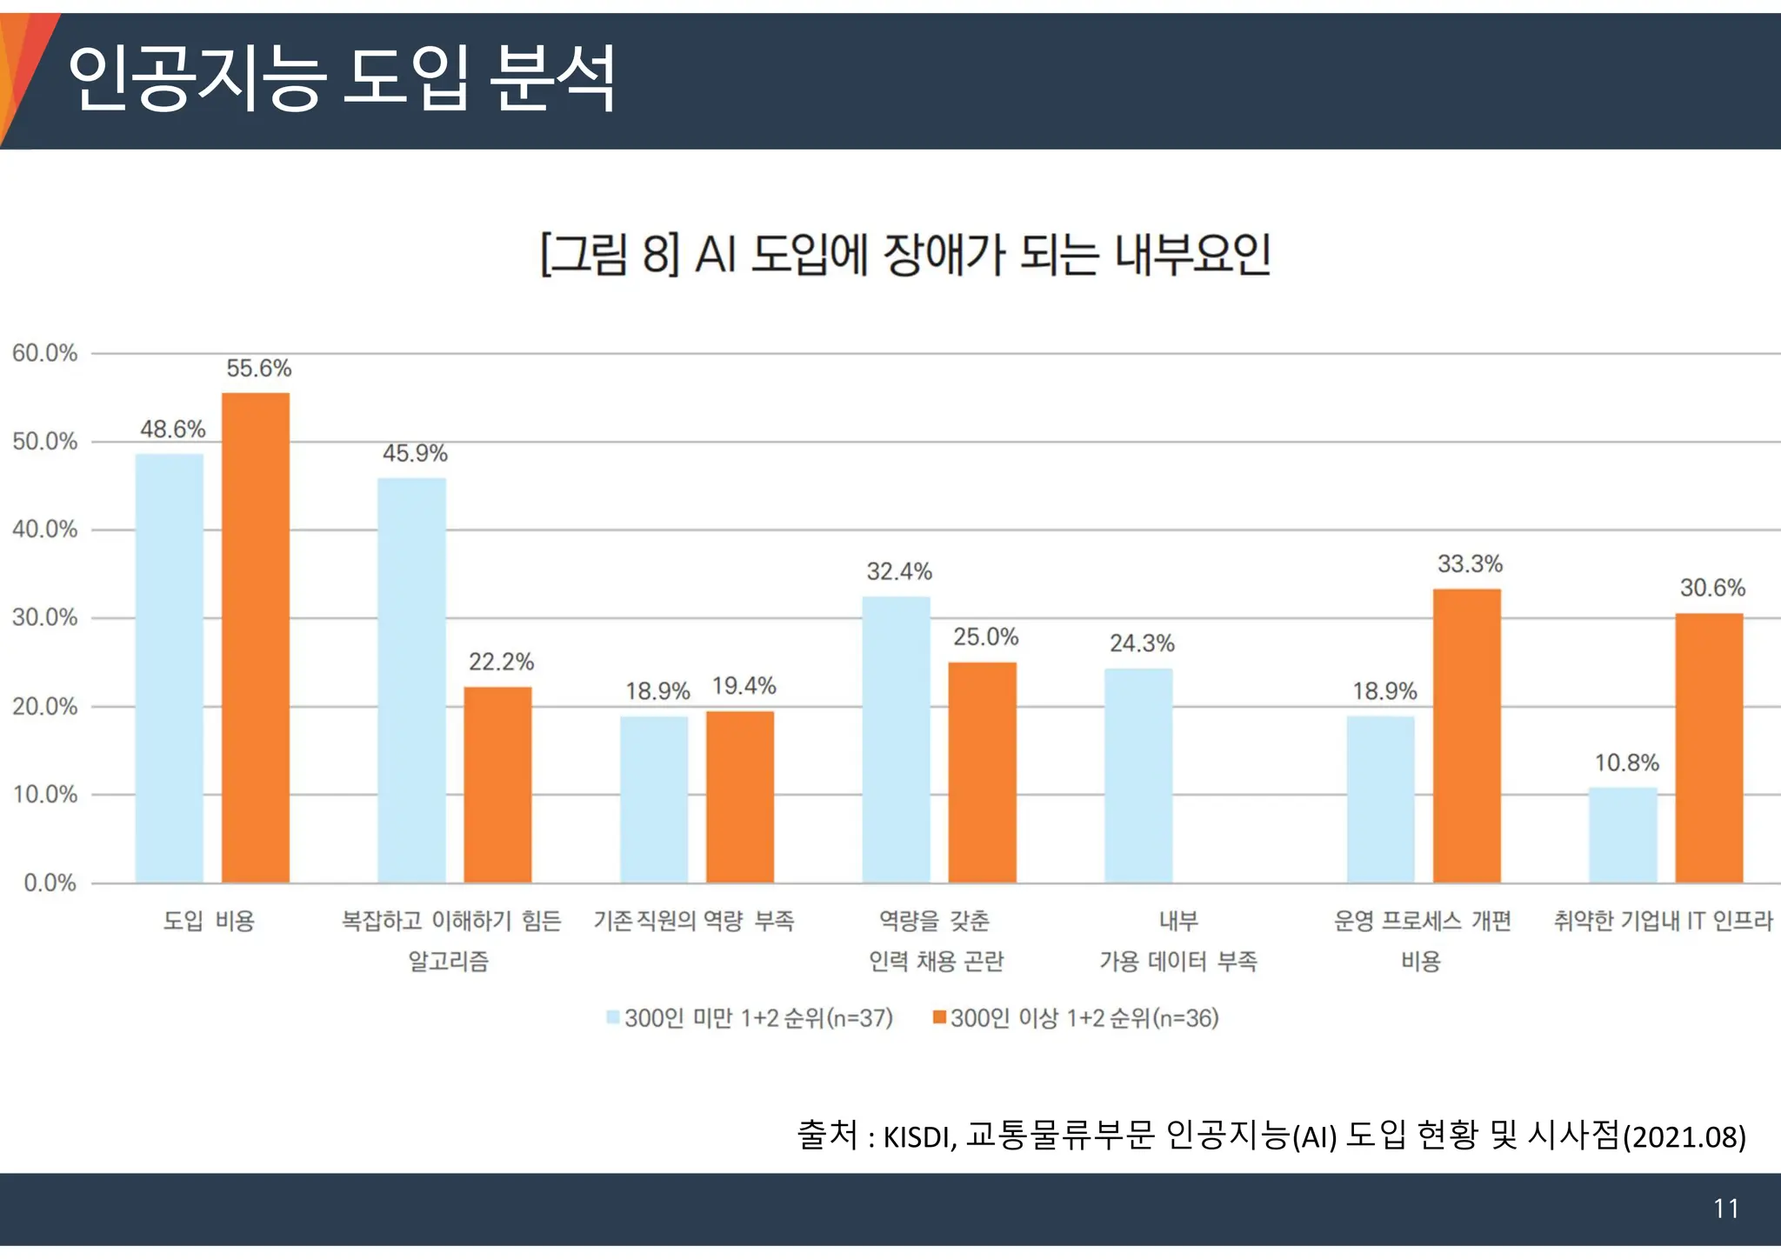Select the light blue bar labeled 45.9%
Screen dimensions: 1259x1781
click(x=411, y=680)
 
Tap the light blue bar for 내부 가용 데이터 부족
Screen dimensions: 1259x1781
click(x=1138, y=776)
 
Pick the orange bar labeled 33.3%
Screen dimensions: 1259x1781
click(x=1467, y=736)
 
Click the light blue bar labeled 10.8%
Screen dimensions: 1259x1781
click(x=1623, y=835)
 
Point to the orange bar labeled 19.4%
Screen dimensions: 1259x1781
click(x=740, y=796)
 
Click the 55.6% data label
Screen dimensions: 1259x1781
click(x=259, y=369)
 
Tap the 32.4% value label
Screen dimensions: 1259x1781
click(x=899, y=571)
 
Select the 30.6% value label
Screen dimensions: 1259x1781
click(x=1712, y=588)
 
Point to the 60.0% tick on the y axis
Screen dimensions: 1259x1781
click(x=45, y=353)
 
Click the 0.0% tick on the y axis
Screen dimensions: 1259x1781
click(x=50, y=883)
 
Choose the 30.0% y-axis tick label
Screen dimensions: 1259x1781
click(x=45, y=618)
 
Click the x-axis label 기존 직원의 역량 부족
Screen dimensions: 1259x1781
click(x=694, y=921)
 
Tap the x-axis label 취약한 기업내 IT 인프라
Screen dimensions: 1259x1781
click(x=1663, y=921)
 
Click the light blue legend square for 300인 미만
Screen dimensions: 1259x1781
click(x=613, y=1017)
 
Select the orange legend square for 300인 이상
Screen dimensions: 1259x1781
click(x=939, y=1017)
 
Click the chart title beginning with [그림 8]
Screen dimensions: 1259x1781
click(x=905, y=255)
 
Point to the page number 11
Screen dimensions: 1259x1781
click(x=1725, y=1209)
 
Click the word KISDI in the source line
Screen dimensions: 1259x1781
click(x=919, y=1137)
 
